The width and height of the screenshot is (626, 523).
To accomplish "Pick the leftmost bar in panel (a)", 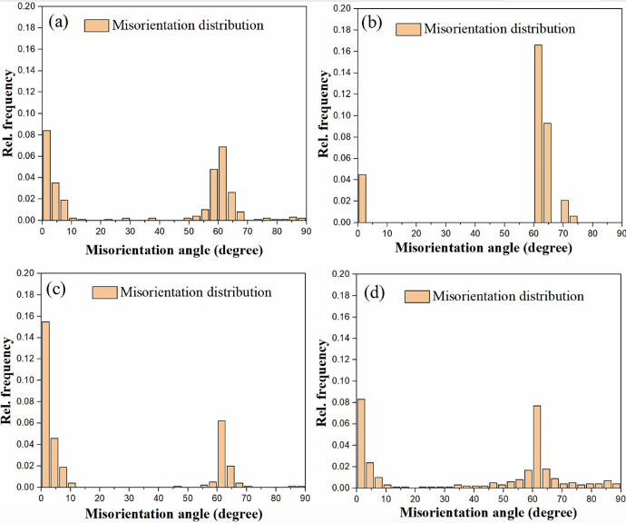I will coord(45,175).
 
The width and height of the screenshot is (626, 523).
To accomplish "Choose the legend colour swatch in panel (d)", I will coord(416,297).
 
